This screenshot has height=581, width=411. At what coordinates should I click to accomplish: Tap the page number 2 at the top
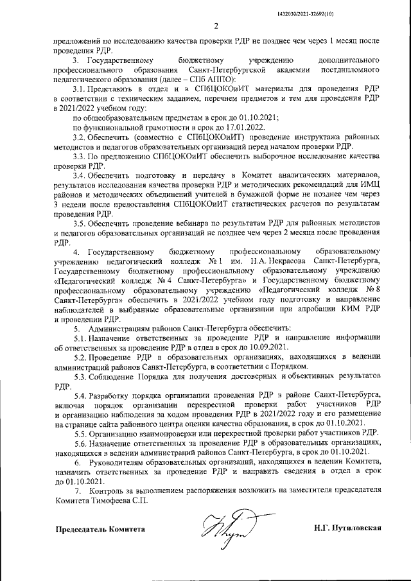[x=216, y=26]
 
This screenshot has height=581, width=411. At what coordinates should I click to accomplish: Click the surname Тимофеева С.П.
[x=116, y=503]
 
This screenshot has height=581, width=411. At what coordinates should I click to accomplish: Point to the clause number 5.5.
[x=80, y=433]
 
